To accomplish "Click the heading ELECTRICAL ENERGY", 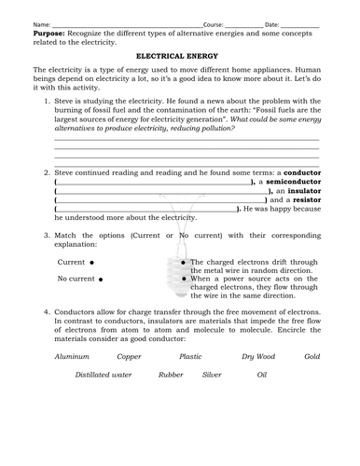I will (x=181, y=56).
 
